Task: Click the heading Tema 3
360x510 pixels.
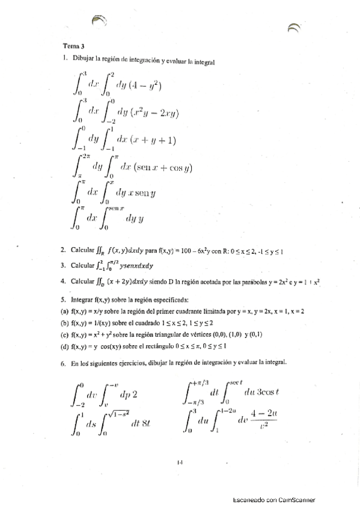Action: click(x=73, y=46)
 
